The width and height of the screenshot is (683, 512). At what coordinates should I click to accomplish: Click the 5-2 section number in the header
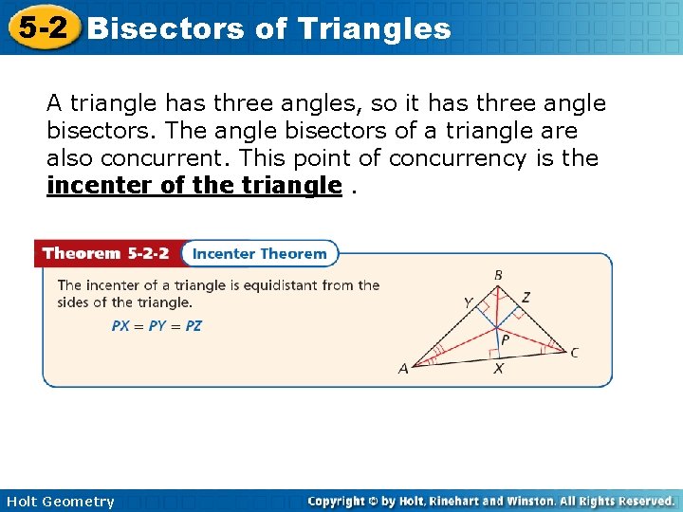click(42, 27)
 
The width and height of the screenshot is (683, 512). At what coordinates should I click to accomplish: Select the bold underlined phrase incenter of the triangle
click(194, 185)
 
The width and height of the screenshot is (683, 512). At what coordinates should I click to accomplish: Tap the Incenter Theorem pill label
click(259, 254)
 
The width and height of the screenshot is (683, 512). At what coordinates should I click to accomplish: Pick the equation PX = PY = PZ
click(157, 325)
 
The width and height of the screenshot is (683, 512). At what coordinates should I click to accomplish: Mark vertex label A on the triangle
click(403, 369)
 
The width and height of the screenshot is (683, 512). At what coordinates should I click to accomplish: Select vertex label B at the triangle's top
click(498, 275)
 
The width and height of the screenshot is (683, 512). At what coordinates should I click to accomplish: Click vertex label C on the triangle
click(575, 353)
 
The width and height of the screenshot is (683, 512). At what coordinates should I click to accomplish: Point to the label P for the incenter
click(505, 338)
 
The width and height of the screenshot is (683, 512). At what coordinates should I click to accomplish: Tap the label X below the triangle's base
click(498, 369)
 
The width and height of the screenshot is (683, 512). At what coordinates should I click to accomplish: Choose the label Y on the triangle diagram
click(467, 302)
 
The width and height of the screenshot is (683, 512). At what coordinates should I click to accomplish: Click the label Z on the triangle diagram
click(526, 298)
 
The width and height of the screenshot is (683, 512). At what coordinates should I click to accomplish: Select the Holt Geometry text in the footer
click(59, 502)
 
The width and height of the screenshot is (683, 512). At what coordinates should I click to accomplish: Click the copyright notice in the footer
click(491, 501)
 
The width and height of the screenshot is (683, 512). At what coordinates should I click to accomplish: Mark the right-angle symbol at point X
click(494, 355)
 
